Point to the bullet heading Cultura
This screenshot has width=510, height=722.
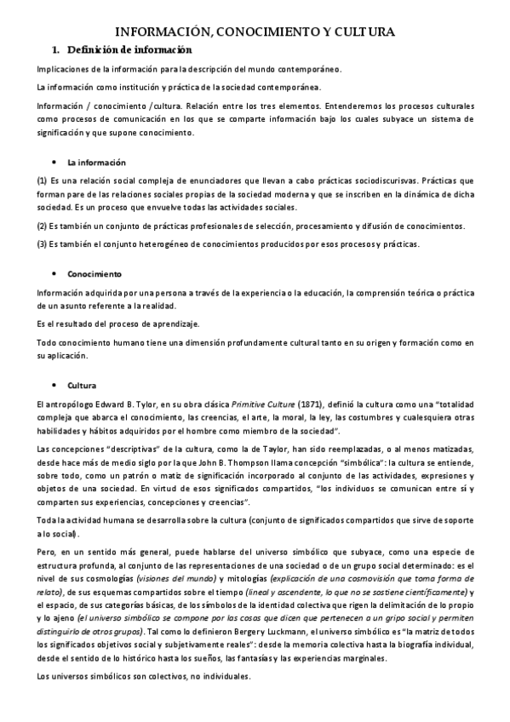87,385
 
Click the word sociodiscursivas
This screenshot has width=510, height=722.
343,181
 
